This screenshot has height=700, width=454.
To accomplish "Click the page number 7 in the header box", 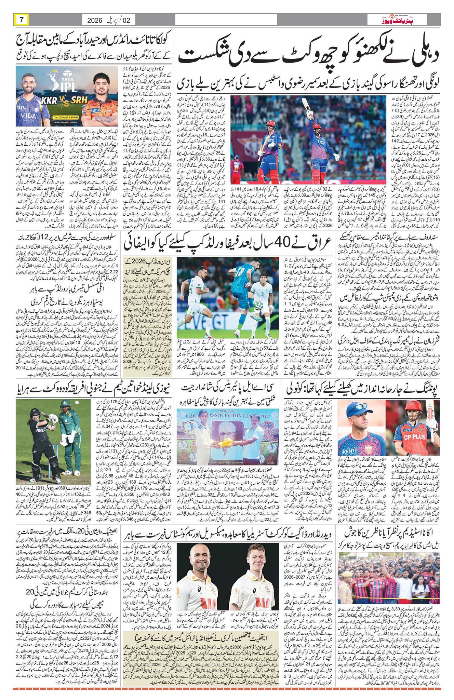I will (x=21, y=20).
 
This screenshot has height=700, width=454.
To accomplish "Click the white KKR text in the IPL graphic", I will (x=49, y=101).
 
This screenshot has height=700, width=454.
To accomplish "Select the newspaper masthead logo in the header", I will (x=403, y=20).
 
